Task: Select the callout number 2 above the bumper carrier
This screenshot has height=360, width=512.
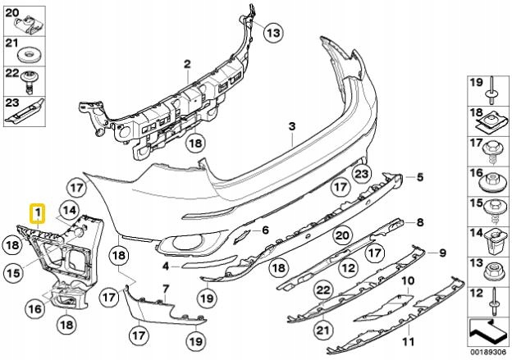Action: [x=186, y=63]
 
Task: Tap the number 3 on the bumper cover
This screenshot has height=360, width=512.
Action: [x=290, y=126]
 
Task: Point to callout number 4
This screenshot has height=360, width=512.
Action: [x=165, y=266]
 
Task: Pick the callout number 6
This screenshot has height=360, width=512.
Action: [x=265, y=231]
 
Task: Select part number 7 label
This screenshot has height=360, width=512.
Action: [x=165, y=289]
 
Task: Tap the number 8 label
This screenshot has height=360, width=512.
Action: [x=420, y=222]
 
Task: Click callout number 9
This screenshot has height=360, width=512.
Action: [x=441, y=251]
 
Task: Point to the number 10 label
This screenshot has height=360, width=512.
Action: [x=405, y=281]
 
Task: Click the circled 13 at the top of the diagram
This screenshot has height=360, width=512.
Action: [x=272, y=33]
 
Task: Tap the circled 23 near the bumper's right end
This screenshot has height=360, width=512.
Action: [x=362, y=173]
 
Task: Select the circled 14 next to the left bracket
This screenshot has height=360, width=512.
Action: [x=70, y=210]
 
